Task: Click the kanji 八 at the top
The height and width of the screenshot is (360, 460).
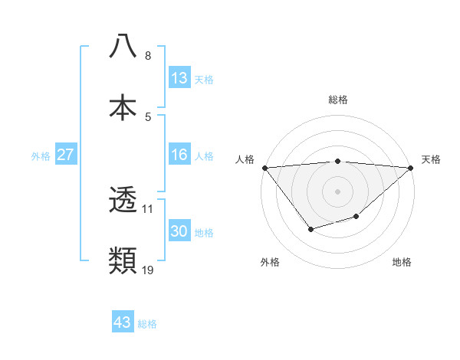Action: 123,46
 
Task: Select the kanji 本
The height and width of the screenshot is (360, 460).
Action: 123,106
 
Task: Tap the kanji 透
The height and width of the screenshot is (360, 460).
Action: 123,201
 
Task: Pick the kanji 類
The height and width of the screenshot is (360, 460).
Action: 123,261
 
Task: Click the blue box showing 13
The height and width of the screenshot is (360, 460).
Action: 179,78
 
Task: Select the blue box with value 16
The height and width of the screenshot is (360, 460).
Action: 179,155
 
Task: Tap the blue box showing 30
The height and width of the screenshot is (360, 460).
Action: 179,232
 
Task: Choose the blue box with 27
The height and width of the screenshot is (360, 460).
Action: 66,155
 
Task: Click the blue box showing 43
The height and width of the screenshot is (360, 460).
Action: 123,322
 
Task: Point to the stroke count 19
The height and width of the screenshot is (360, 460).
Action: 148,270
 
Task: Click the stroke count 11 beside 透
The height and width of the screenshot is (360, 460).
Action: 148,208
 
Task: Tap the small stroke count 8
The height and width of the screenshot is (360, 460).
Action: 147,55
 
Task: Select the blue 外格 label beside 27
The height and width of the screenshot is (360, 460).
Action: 41,156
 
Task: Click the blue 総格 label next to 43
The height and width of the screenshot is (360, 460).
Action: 147,324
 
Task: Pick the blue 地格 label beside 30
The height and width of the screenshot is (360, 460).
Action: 204,233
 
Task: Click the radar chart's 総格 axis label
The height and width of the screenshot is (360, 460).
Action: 338,100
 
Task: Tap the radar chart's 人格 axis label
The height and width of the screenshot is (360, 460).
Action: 245,159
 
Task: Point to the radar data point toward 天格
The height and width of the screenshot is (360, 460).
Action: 412,168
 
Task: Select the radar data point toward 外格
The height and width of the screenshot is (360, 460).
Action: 310,229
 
